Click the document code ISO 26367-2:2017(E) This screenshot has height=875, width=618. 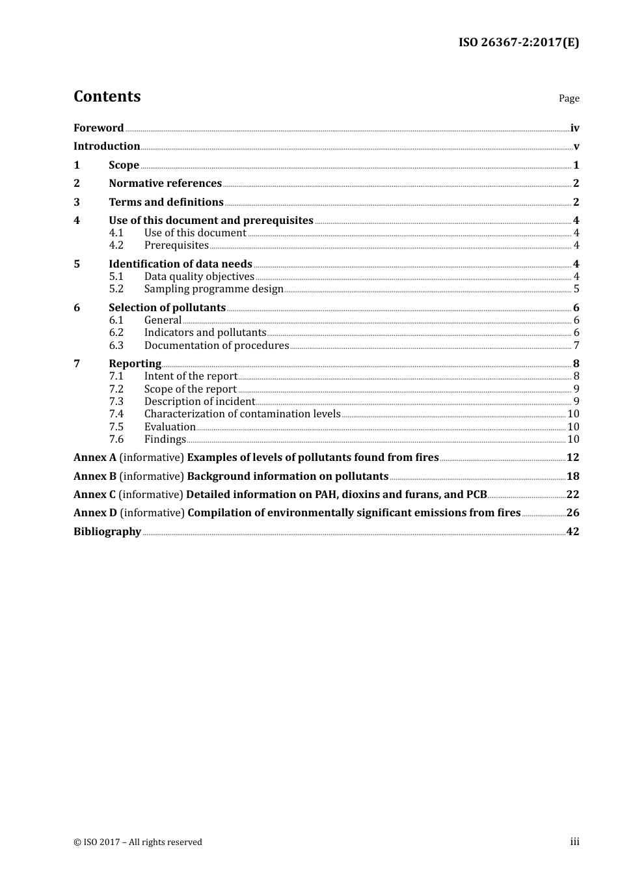coord(518,42)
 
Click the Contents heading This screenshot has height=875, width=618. coord(107,96)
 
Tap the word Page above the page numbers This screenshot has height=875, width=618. coord(569,98)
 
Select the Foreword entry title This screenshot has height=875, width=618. coord(98,128)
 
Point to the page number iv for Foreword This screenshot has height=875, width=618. coord(574,128)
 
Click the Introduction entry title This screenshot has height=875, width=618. coord(107,146)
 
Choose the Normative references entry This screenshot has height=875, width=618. coord(165,184)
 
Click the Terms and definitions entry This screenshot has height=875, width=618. coord(166,202)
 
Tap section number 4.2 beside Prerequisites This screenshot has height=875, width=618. coord(116,245)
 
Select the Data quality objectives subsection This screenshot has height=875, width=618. coord(199,277)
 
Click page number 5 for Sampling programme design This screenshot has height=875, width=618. coord(576,289)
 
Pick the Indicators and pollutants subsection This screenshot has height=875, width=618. coord(205,333)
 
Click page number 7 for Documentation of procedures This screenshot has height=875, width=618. coord(576,346)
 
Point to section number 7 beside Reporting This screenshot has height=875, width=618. coord(77,364)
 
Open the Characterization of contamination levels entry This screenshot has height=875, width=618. coord(242,414)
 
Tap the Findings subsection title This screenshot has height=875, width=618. coord(165,439)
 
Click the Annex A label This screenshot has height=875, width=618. coord(95,458)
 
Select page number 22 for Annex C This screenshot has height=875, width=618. coord(572,495)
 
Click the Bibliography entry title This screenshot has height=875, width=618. coord(107,532)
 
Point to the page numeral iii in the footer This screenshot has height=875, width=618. coord(574,842)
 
